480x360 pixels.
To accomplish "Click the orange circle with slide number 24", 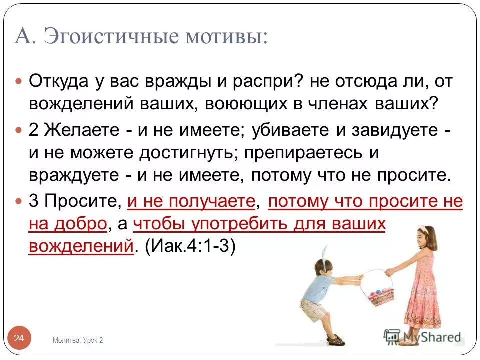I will tap(19, 338).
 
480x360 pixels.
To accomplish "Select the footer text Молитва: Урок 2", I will tap(78, 340).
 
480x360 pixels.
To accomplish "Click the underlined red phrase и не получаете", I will tap(191, 201).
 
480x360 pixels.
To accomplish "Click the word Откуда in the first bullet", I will tap(58, 81).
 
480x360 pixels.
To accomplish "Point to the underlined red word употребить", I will tap(235, 224).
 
